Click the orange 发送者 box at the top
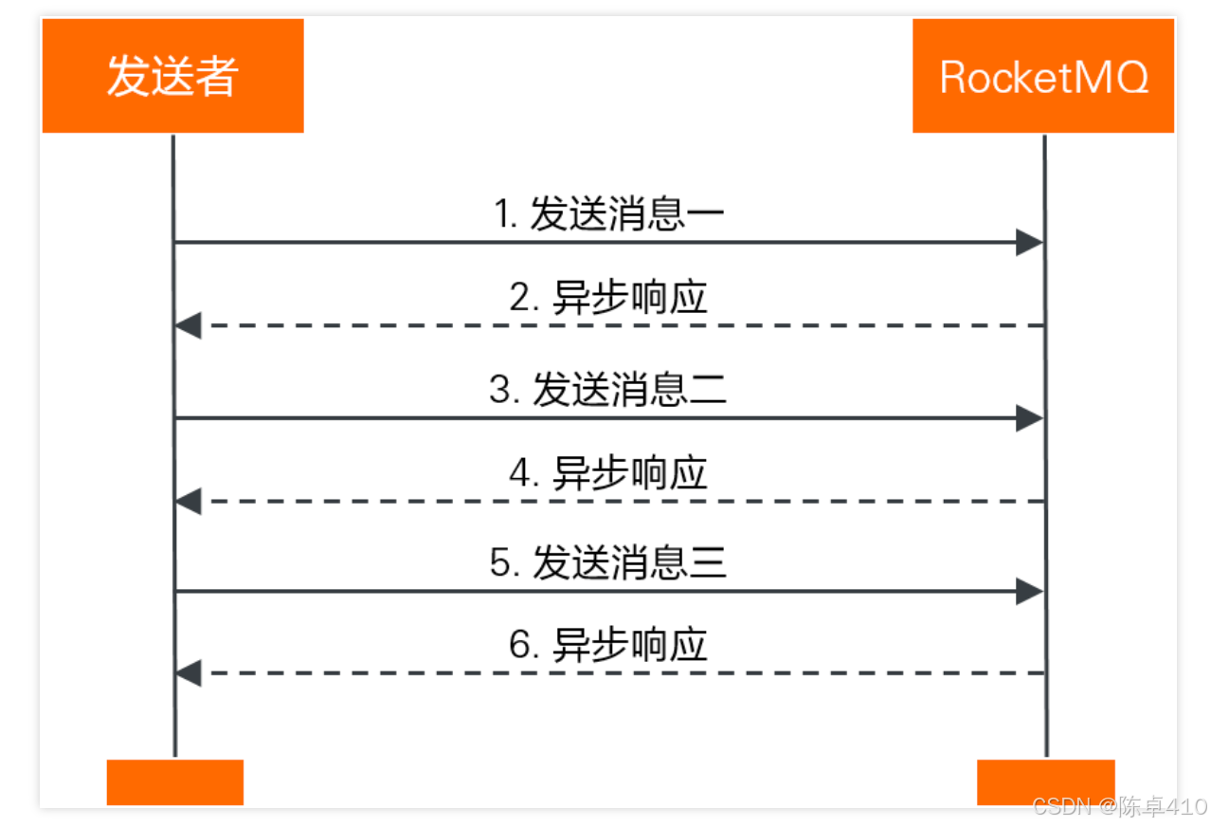[172, 76]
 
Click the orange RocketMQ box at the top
[1043, 76]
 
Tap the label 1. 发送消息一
[609, 215]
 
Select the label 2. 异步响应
[609, 298]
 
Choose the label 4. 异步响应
[609, 473]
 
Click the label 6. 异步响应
[609, 646]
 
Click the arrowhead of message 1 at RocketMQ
[1029, 243]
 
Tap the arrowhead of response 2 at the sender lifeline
[189, 325]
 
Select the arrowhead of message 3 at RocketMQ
[1029, 418]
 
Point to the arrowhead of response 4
[189, 501]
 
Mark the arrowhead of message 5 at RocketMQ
[1029, 592]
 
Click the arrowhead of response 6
[189, 673]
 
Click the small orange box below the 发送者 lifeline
[175, 782]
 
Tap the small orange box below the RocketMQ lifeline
[1045, 782]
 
